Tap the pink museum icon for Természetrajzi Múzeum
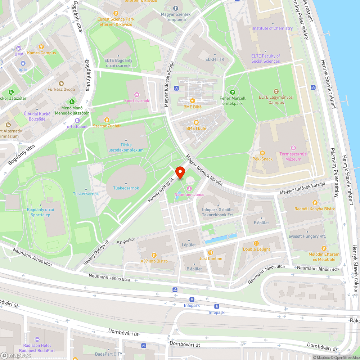point(293,148)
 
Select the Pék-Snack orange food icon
point(262,153)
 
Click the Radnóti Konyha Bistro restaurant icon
point(315,203)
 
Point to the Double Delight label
point(256,249)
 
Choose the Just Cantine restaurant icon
point(211,252)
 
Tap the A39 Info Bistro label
point(154,261)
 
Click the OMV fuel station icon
point(18,48)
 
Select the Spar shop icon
point(23,63)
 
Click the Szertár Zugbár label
point(107,126)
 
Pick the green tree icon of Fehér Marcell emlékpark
point(232,92)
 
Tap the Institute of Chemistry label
point(273,28)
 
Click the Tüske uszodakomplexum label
point(126,148)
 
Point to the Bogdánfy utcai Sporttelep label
point(40,212)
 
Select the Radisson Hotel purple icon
point(37,339)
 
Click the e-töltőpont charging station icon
point(77,121)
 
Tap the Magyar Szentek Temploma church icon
point(176,8)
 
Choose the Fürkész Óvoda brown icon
point(61,83)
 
